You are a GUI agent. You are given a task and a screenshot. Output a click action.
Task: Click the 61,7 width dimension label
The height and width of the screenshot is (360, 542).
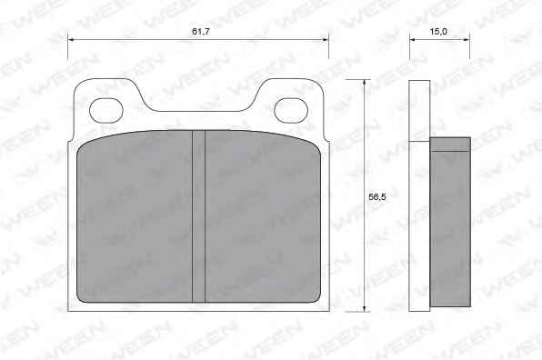click(x=201, y=32)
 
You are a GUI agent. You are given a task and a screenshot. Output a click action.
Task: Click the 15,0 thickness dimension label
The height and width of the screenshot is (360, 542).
click(x=438, y=32)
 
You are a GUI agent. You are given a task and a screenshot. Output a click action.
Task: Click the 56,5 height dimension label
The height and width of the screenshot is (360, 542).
click(x=377, y=197)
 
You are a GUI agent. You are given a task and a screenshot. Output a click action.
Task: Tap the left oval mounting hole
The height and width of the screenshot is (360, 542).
click(x=106, y=110)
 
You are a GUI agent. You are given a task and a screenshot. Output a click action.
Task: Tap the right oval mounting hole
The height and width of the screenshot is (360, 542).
click(x=291, y=110)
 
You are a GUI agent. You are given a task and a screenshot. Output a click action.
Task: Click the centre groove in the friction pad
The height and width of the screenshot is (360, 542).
click(x=198, y=216)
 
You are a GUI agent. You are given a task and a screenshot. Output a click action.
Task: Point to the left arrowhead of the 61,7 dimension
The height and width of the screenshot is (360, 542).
click(x=71, y=40)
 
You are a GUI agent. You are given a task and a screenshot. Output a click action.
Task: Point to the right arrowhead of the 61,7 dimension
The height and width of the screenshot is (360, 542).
click(x=325, y=40)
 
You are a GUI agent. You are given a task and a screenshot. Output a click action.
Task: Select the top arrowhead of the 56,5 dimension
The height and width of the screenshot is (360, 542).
click(x=364, y=83)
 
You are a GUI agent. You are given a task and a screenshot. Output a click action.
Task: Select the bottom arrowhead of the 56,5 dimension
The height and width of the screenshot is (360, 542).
click(x=364, y=308)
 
